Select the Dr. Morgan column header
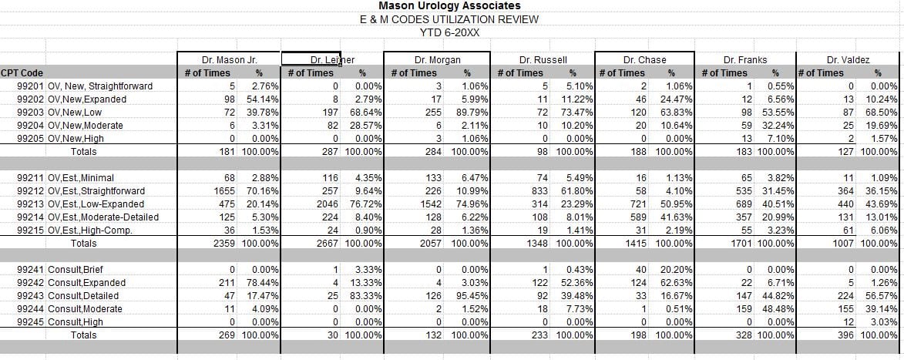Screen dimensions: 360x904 pyautogui.click(x=436, y=59)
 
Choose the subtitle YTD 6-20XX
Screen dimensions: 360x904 pyautogui.click(x=449, y=32)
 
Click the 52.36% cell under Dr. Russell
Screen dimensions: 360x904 pyautogui.click(x=572, y=283)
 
